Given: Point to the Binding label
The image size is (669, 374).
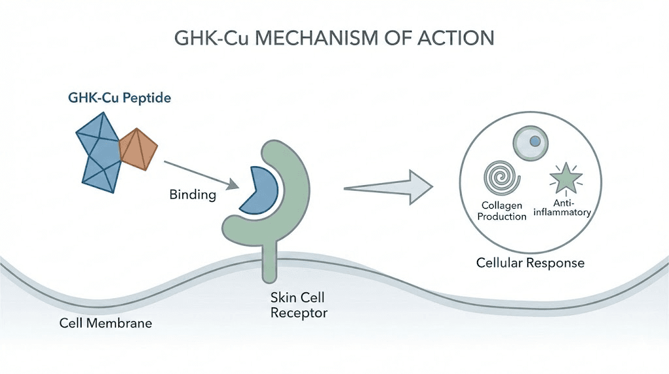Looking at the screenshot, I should click(192, 194).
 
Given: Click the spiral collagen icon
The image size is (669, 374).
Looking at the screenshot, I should click(500, 177).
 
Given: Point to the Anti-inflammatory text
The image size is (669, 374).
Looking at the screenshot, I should click(563, 207).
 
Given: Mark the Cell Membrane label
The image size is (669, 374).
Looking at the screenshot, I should click(106, 323).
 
